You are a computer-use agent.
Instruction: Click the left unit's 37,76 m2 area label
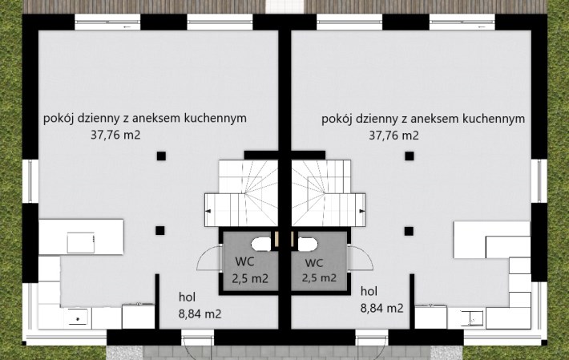click(x=115, y=135)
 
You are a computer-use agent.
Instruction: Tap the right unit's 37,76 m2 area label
click(x=393, y=136)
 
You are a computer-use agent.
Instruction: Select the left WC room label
click(x=244, y=261)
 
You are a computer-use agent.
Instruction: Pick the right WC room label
click(x=314, y=263)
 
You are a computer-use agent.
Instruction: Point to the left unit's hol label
click(x=187, y=297)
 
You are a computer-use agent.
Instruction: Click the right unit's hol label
click(x=369, y=291)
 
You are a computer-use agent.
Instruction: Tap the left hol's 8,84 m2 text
click(x=200, y=314)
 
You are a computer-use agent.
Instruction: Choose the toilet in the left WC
click(x=261, y=245)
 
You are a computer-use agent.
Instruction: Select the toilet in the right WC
click(x=308, y=245)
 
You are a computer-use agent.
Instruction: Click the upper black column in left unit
click(x=161, y=156)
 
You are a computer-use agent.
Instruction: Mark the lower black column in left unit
click(x=160, y=230)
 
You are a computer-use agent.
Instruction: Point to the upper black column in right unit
click(x=410, y=156)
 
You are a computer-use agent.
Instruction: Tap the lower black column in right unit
click(x=409, y=231)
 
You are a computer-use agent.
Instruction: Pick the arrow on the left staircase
click(x=208, y=211)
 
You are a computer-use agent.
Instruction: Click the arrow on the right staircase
click(x=361, y=211)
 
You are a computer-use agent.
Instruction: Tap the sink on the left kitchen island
click(x=81, y=243)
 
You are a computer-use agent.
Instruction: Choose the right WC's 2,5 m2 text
click(x=319, y=278)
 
